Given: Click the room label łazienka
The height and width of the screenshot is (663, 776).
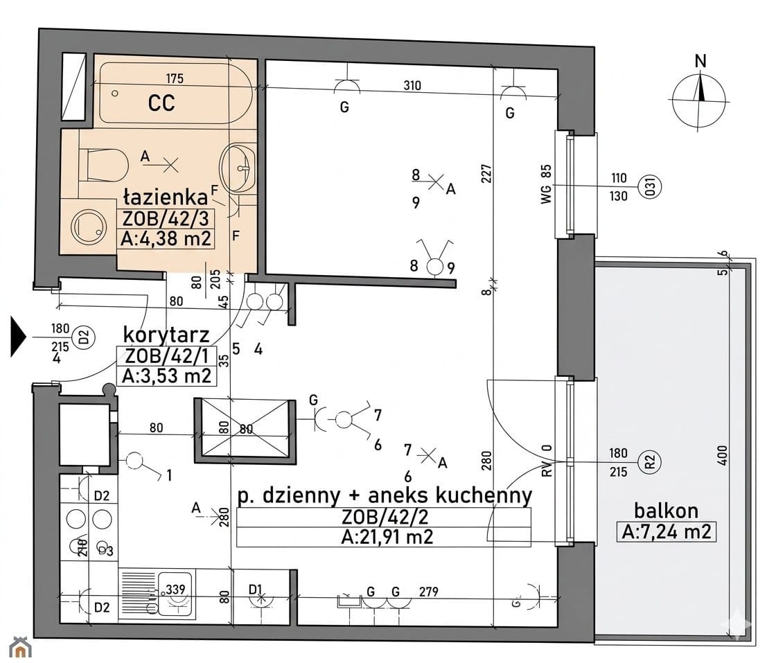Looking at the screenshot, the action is click(166, 197).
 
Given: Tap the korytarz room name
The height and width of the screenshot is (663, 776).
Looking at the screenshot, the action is click(166, 335).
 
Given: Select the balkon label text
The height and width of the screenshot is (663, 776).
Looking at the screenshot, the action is click(666, 510).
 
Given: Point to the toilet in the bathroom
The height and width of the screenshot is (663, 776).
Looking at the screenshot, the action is click(104, 164).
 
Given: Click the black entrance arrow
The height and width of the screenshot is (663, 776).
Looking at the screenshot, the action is click(18, 337).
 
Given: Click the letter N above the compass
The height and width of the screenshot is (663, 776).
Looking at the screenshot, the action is click(700, 61).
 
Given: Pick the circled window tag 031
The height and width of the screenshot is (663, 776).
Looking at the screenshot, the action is click(651, 187).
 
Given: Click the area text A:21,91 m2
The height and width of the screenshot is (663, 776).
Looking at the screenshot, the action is click(387, 537).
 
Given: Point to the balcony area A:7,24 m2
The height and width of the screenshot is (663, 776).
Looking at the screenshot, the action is click(666, 532).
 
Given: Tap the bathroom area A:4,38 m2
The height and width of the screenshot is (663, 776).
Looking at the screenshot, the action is click(166, 238).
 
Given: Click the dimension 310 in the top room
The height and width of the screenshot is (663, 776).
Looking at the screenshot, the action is click(412, 86).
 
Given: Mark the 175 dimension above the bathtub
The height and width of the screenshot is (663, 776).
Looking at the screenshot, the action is click(175, 78).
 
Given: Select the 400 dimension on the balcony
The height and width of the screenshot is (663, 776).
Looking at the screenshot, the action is click(723, 455).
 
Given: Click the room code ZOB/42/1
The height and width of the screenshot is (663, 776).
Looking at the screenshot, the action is click(167, 355).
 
